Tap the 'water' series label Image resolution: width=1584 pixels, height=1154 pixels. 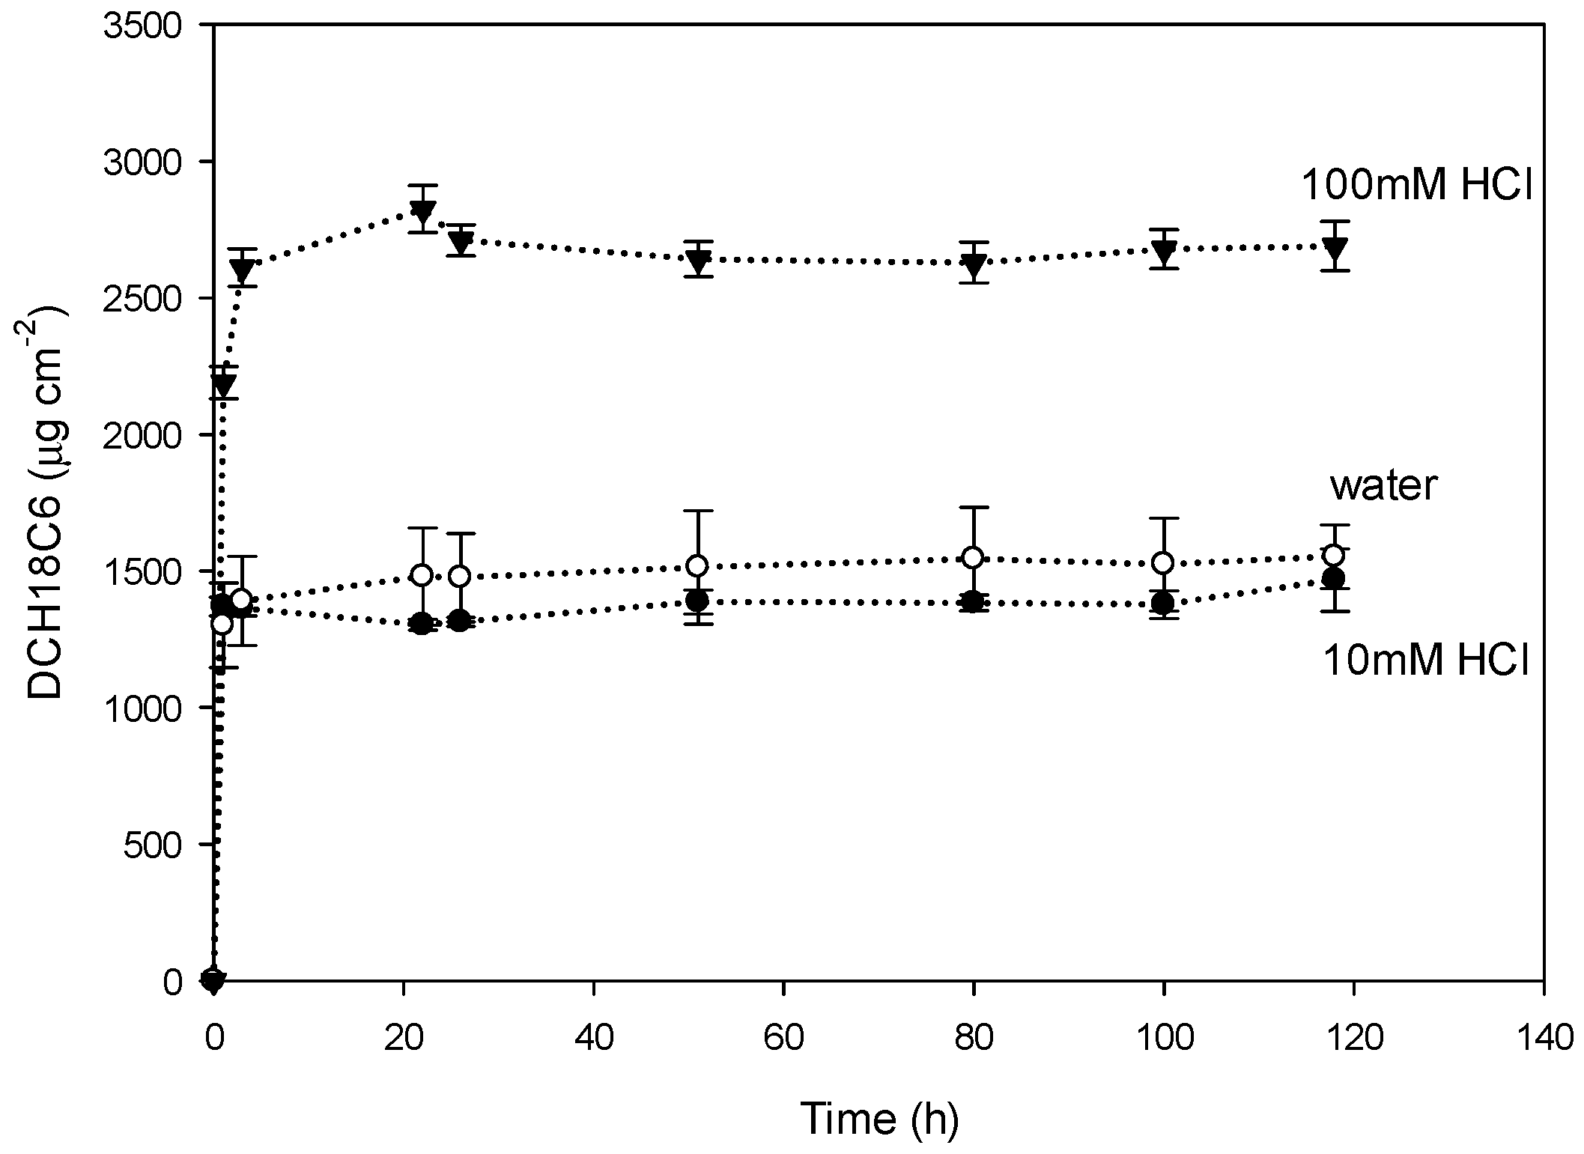click(x=1383, y=486)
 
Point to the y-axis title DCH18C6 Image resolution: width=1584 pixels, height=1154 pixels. click(x=46, y=502)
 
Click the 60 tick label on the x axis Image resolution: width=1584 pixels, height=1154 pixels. click(x=783, y=1040)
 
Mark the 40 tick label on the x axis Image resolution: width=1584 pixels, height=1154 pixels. click(x=593, y=1040)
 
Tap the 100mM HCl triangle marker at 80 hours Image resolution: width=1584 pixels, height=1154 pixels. click(x=974, y=264)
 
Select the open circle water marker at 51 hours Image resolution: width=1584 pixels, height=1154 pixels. click(x=697, y=565)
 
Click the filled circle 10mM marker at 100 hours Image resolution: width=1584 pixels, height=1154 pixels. click(x=1163, y=603)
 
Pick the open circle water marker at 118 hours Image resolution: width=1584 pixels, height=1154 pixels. click(x=1334, y=555)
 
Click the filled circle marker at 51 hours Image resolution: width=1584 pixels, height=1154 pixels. click(x=697, y=601)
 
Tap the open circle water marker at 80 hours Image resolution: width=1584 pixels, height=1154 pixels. click(x=973, y=557)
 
